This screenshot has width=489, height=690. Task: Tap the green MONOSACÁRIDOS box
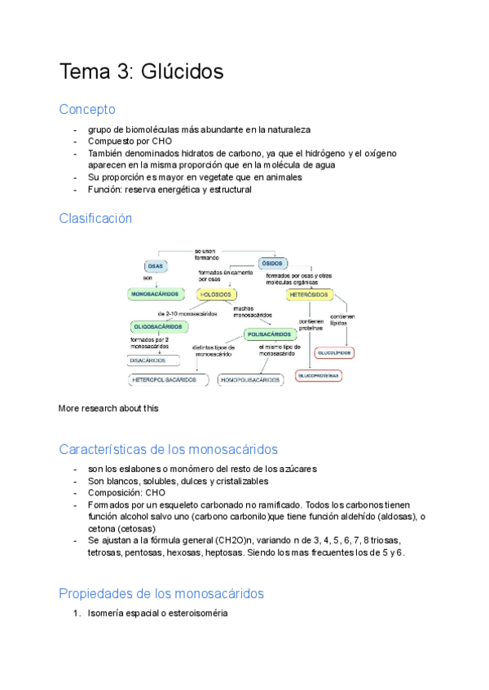pos(156,293)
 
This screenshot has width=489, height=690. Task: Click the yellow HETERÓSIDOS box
pos(309,294)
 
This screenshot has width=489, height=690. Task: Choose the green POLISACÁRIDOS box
pos(270,334)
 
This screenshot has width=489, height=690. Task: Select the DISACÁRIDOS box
pos(148,360)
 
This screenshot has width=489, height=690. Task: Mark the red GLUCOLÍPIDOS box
pos(334,353)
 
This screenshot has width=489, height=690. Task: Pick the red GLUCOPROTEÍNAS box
pos(319,376)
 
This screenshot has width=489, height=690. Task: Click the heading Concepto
pos(87,109)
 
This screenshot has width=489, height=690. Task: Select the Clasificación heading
pos(95,218)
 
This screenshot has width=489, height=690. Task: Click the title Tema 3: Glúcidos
pos(141,72)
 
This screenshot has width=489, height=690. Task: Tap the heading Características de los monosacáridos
pos(169,449)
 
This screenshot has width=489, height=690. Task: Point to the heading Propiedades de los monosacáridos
pos(161,593)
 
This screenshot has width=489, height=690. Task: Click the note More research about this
pos(108,408)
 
